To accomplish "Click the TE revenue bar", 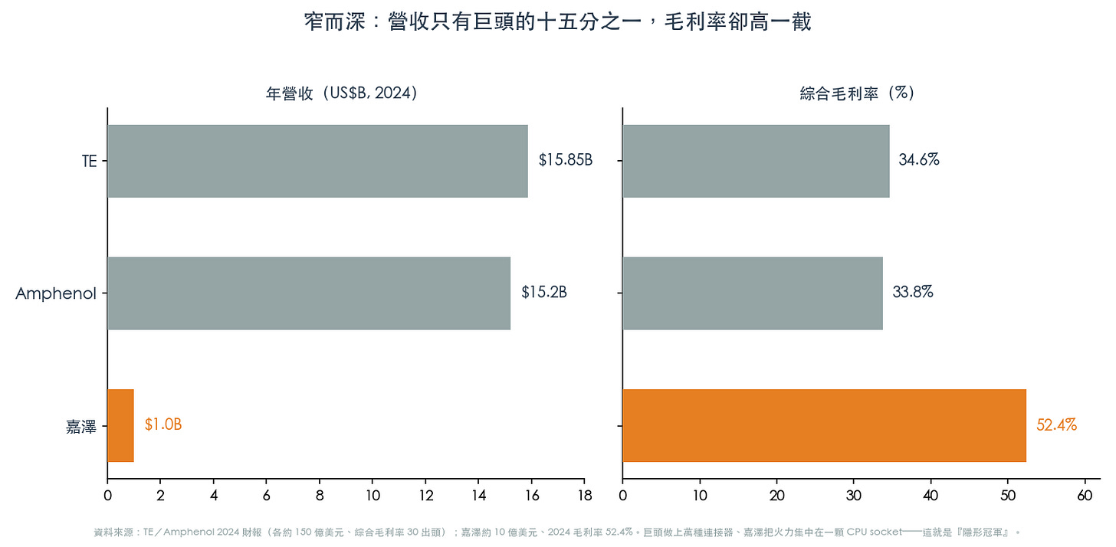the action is click(317, 161).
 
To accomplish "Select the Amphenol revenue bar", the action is click(309, 293).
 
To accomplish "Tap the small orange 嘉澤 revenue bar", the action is click(120, 425).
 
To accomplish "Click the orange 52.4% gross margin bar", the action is click(825, 425).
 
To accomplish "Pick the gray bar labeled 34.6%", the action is click(756, 161).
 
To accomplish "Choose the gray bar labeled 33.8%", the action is click(753, 293).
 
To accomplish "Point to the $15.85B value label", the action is click(566, 160).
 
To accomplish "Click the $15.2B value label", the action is click(544, 292).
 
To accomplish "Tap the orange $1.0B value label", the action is click(163, 424).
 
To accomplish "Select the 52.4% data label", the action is click(1056, 425).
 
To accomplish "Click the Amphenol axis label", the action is click(56, 293).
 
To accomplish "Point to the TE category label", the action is click(90, 162).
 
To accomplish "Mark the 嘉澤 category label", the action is click(81, 427).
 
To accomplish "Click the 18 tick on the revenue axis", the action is click(585, 495).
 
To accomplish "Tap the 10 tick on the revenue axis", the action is click(373, 495).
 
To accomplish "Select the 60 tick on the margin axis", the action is click(1085, 495).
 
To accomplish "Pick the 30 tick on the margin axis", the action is click(853, 495).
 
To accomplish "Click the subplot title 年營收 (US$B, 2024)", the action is click(341, 93).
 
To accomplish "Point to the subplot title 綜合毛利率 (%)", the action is click(857, 93).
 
